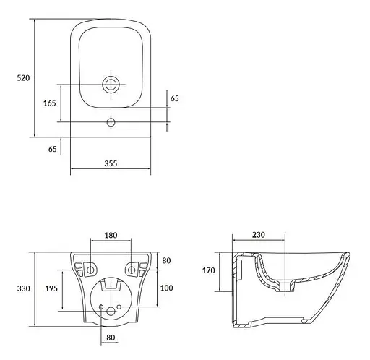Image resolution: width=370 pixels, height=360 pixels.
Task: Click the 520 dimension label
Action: click(23, 78)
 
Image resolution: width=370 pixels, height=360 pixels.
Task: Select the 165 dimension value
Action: click(50, 103)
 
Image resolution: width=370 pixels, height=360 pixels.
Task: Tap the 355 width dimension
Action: click(111, 163)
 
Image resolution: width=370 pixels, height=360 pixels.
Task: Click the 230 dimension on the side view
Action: click(259, 235)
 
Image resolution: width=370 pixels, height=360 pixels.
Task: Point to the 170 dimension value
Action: click(209, 270)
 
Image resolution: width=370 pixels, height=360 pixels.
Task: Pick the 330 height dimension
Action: click(24, 288)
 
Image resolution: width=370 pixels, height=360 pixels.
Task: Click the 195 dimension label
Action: click(51, 288)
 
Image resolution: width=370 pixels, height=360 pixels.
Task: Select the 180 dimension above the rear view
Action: click(111, 235)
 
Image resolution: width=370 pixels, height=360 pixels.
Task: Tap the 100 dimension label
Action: click(166, 288)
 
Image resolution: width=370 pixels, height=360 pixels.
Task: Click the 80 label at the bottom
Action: click(111, 338)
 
